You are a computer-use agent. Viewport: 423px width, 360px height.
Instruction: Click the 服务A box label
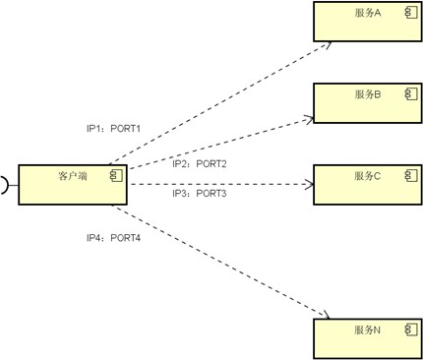(x=368, y=13)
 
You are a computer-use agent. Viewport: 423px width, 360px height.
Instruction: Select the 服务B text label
(x=368, y=94)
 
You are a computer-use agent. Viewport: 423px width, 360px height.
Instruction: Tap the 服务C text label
(x=368, y=176)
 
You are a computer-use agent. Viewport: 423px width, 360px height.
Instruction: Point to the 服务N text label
(x=368, y=330)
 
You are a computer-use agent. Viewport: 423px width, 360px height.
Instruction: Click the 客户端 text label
(x=73, y=176)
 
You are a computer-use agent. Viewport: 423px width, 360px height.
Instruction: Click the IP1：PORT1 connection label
(x=113, y=129)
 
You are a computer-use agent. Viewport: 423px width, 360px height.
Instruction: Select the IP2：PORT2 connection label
(x=200, y=163)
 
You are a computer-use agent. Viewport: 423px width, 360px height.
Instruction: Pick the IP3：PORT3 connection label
(x=200, y=194)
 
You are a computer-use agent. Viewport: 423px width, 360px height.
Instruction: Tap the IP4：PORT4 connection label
(x=113, y=238)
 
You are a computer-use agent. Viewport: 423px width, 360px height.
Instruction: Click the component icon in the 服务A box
(x=411, y=13)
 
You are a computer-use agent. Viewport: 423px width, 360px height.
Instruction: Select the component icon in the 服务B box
(x=411, y=94)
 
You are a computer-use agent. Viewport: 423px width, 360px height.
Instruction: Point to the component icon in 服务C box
(x=411, y=175)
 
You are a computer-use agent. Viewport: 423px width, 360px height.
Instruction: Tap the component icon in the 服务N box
(x=411, y=330)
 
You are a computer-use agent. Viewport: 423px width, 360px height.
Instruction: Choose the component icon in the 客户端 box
(x=116, y=175)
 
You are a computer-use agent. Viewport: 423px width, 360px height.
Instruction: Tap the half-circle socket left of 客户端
(x=6, y=185)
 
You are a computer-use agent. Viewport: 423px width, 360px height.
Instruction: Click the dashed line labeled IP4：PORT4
(x=220, y=262)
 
